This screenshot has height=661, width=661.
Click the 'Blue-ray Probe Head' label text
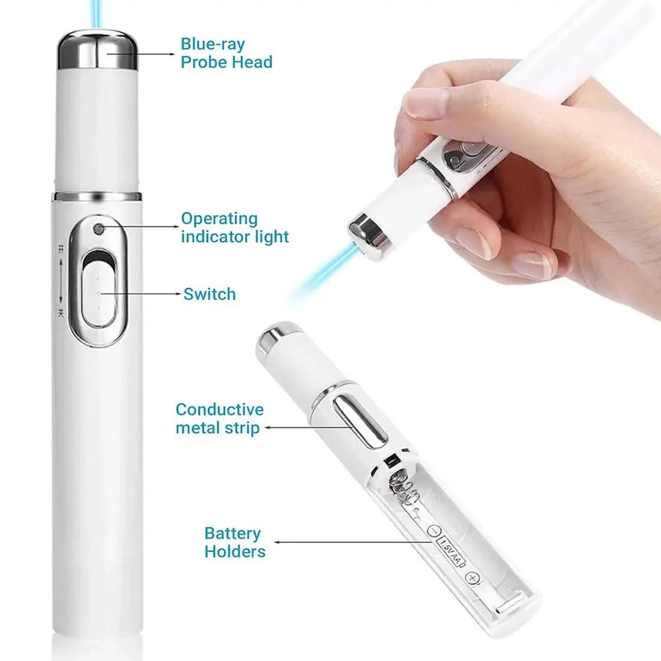[x=226, y=53]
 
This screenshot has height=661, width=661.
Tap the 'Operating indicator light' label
[x=235, y=227]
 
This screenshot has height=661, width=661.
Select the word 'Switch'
[x=209, y=294]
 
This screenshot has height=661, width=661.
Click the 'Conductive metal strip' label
[x=219, y=419]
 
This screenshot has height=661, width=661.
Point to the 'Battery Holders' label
[x=234, y=542]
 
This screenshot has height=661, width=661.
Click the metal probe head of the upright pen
[x=97, y=51]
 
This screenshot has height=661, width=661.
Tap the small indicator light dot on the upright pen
[x=98, y=229]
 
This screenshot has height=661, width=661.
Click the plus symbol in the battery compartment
[x=471, y=578]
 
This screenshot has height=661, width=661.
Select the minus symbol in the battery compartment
[x=434, y=530]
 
